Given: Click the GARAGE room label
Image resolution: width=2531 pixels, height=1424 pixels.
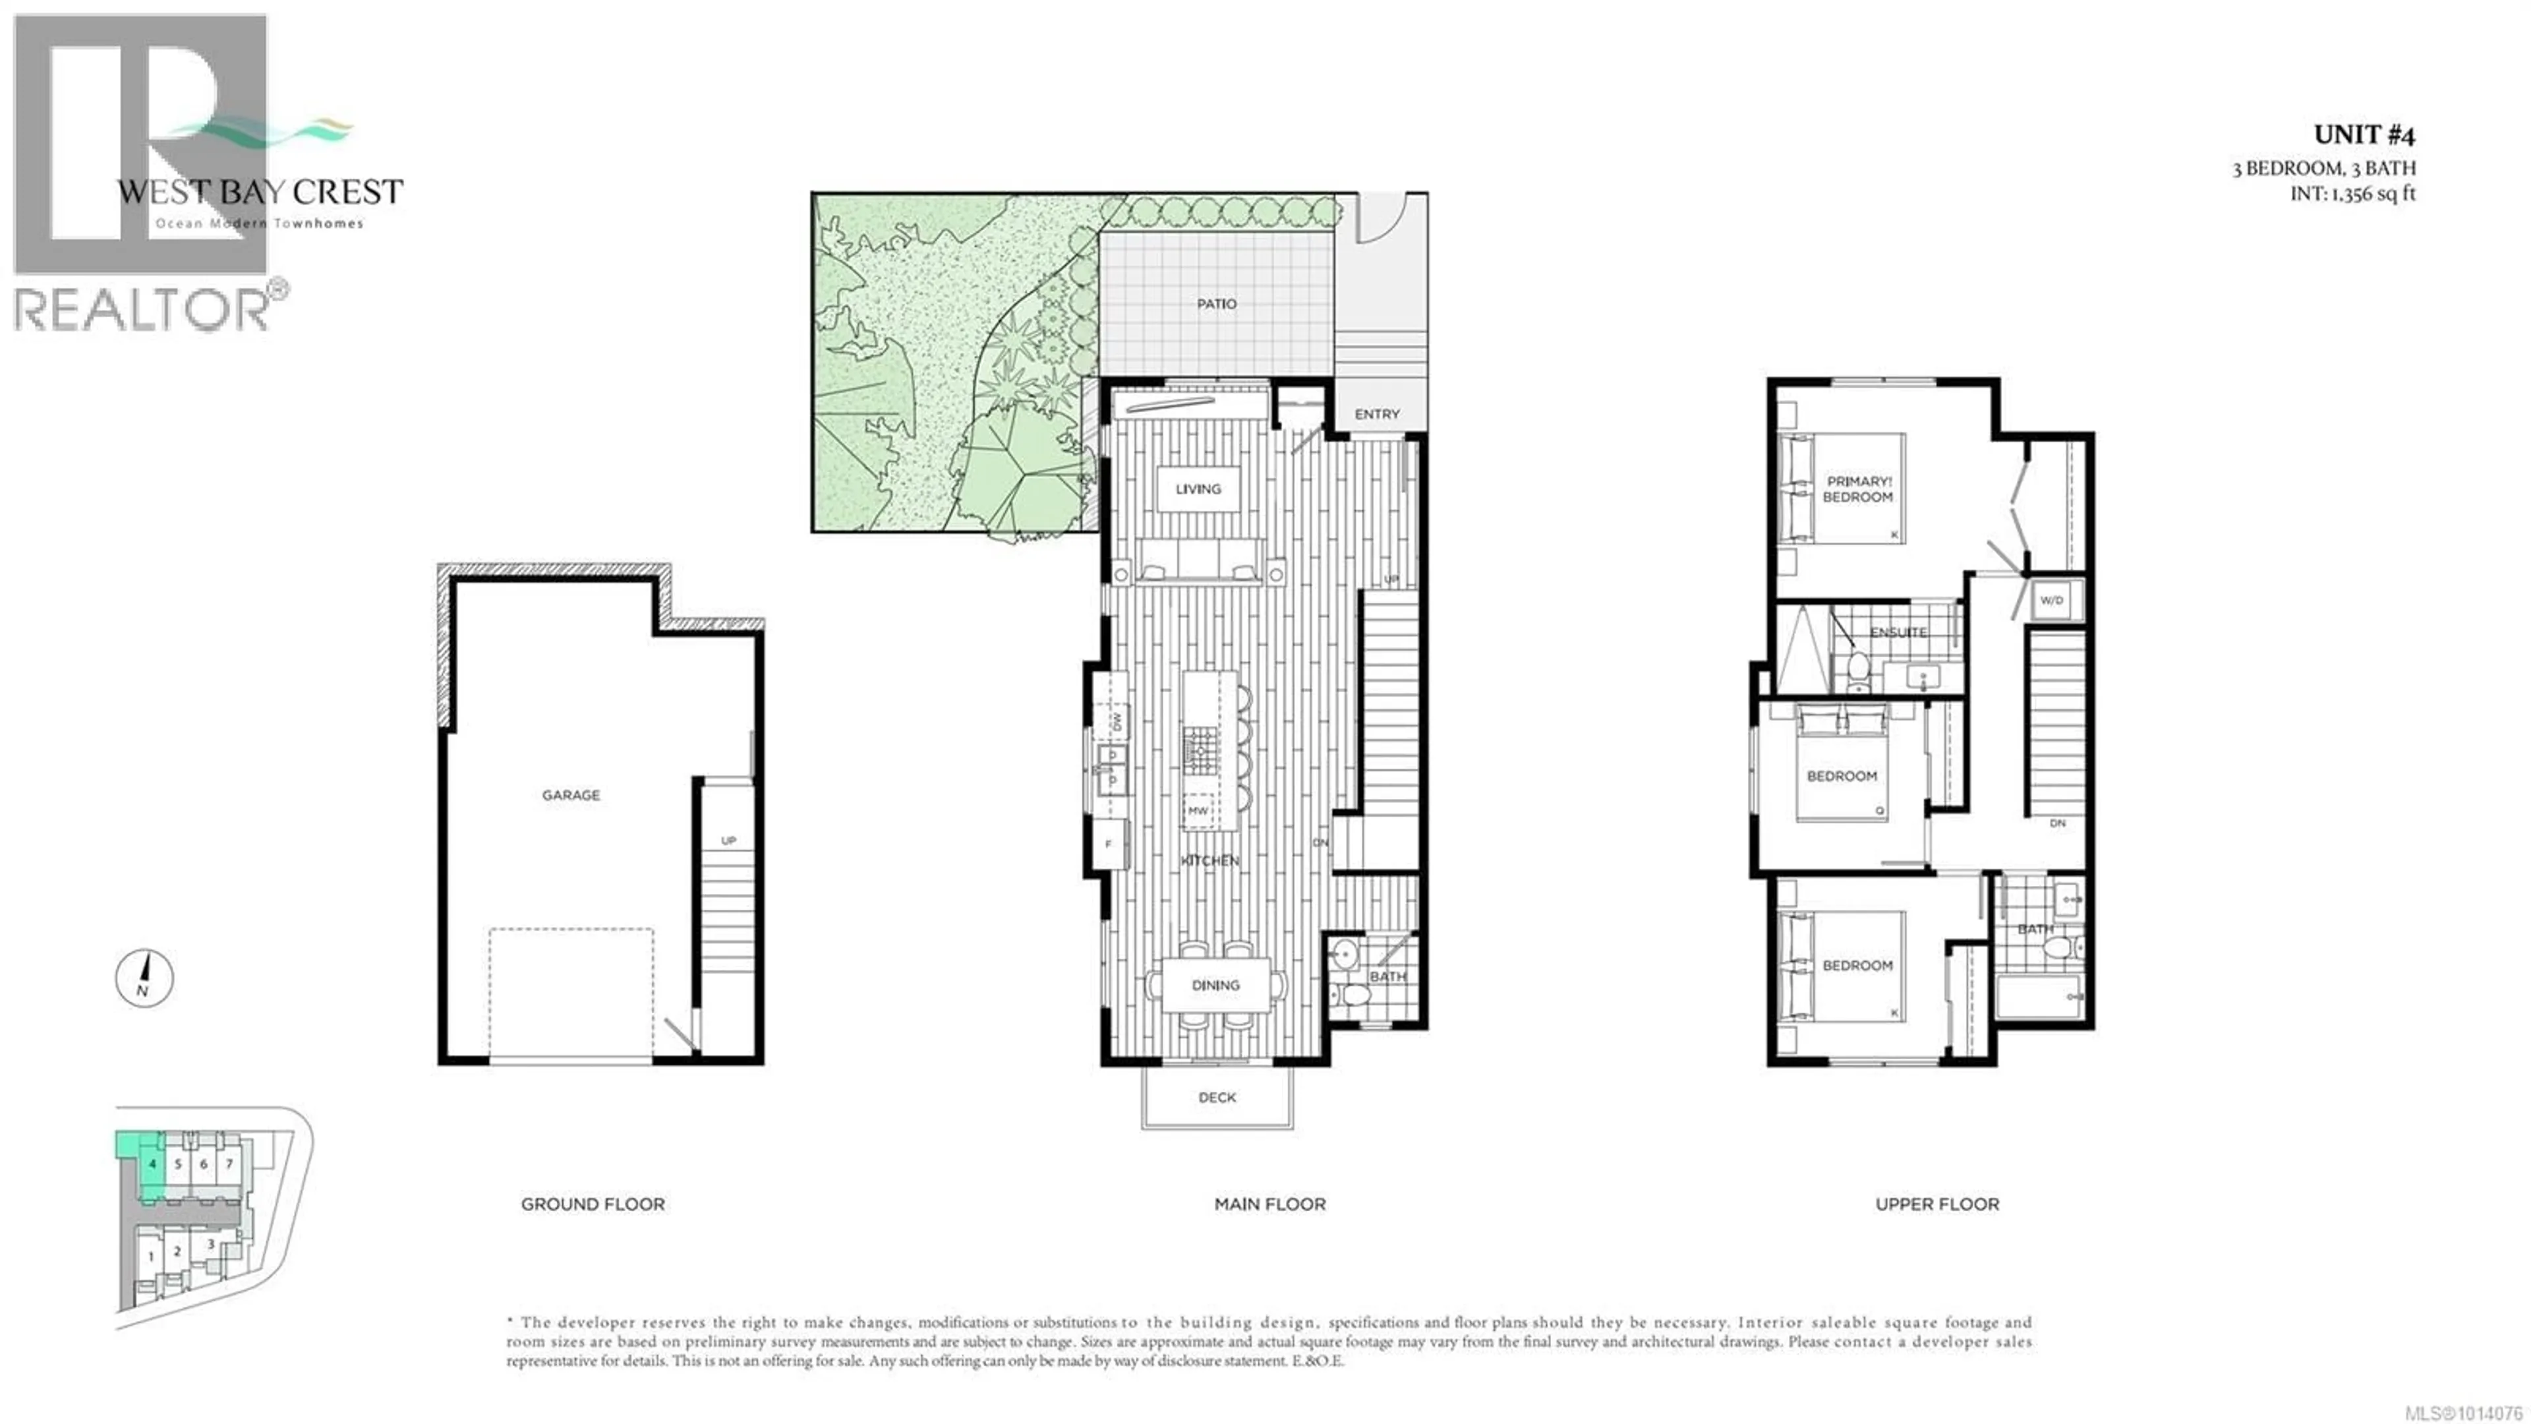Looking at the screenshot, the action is pyautogui.click(x=571, y=795).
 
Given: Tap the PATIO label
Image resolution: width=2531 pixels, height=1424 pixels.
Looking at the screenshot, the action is pyautogui.click(x=1216, y=304).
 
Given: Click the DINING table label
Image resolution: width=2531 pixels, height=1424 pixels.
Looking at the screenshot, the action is pyautogui.click(x=1215, y=985).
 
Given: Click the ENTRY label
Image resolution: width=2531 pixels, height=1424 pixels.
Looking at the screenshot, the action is pyautogui.click(x=1376, y=414).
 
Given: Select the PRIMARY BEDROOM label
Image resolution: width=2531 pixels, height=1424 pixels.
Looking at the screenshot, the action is pyautogui.click(x=1858, y=489).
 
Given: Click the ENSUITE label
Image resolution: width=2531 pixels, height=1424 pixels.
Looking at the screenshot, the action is pyautogui.click(x=1898, y=632).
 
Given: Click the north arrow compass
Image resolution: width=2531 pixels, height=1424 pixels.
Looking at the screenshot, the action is pyautogui.click(x=144, y=978).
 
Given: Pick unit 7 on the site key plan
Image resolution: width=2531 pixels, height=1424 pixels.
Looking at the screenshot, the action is pyautogui.click(x=229, y=1164).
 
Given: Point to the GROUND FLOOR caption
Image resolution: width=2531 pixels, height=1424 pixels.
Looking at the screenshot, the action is pyautogui.click(x=593, y=1204).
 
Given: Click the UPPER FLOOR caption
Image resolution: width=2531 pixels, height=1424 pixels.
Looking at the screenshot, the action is pyautogui.click(x=1936, y=1204).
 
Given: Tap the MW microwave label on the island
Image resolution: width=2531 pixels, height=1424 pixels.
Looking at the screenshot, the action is pyautogui.click(x=1198, y=811).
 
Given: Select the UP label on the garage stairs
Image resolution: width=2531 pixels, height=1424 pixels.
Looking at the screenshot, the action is pyautogui.click(x=728, y=841).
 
